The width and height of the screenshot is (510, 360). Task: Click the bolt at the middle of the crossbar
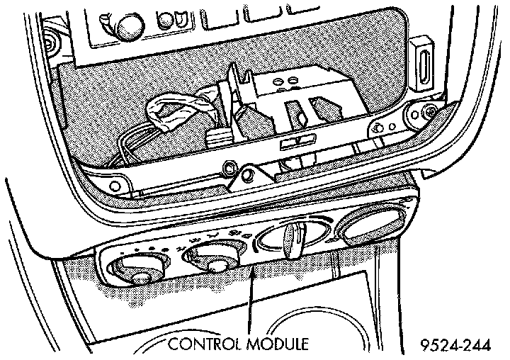(229, 169)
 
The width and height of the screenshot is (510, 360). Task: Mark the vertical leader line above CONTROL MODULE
(251, 298)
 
